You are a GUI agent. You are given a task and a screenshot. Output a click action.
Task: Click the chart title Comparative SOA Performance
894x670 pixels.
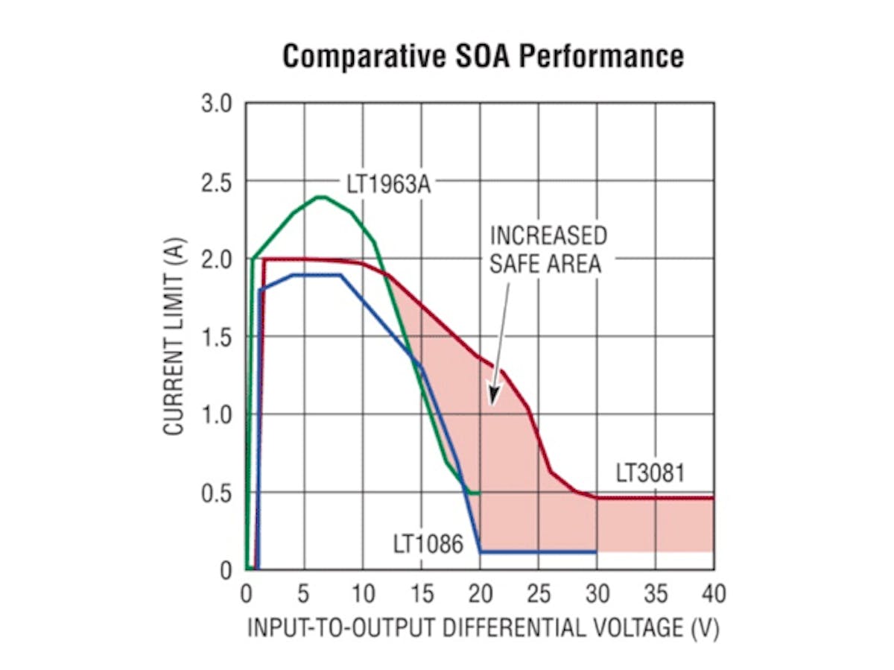click(483, 56)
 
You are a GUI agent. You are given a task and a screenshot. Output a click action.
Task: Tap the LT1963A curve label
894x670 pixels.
click(388, 183)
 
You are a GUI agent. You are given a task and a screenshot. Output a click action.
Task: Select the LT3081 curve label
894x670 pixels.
click(650, 473)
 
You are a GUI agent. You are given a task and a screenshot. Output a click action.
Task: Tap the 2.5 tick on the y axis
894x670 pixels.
click(218, 182)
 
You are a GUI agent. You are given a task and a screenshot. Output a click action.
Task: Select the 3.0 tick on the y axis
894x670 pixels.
click(218, 104)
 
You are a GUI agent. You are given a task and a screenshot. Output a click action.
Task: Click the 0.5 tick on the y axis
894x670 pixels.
click(218, 493)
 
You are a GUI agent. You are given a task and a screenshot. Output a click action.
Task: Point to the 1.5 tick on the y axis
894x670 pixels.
click(218, 338)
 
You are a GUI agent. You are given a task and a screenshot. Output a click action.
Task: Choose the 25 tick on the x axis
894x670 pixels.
click(539, 594)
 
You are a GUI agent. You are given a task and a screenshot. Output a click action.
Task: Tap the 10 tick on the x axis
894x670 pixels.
click(363, 594)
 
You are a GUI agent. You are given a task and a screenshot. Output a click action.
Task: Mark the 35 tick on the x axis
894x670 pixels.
click(656, 594)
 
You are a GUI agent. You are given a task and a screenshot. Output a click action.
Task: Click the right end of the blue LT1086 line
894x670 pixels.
click(596, 552)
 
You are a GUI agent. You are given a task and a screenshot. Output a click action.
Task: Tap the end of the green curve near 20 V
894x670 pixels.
click(478, 493)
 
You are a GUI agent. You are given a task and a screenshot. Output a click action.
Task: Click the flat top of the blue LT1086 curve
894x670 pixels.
click(317, 275)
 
